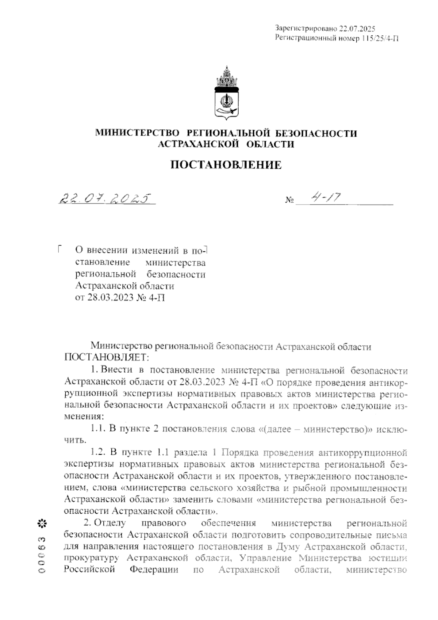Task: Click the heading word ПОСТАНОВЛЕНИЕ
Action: click(x=226, y=165)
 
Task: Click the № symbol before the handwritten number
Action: click(x=289, y=201)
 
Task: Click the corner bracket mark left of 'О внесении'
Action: click(x=59, y=248)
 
